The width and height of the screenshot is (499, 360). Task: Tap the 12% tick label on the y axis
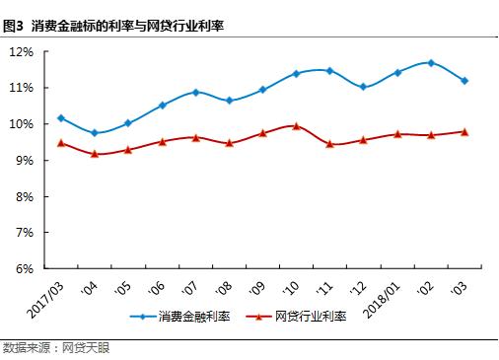pyautogui.click(x=21, y=51)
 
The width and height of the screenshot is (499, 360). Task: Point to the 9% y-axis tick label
pyautogui.click(x=24, y=160)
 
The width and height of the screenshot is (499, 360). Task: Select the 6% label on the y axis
pyautogui.click(x=24, y=268)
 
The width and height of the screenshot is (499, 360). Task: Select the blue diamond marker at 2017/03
pyautogui.click(x=61, y=118)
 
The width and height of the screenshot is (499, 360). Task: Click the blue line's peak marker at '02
pyautogui.click(x=431, y=63)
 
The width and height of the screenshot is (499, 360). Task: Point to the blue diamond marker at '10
pyautogui.click(x=296, y=74)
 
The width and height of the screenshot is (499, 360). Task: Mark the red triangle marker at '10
pyautogui.click(x=296, y=125)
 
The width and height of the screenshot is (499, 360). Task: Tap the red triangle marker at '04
pyautogui.click(x=95, y=154)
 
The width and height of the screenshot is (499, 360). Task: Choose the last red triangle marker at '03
pyautogui.click(x=464, y=131)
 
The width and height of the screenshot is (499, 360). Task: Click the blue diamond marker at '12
pyautogui.click(x=363, y=87)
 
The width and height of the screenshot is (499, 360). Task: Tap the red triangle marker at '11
pyautogui.click(x=329, y=144)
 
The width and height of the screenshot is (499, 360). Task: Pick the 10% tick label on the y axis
pyautogui.click(x=21, y=124)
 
